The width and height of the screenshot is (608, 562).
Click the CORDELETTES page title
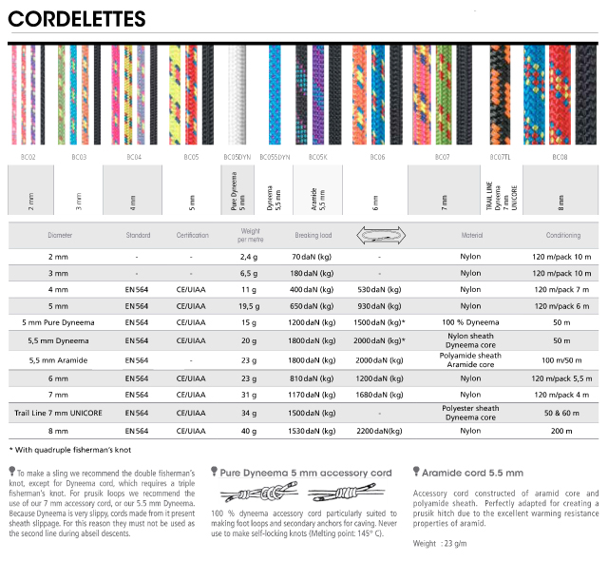point(78,18)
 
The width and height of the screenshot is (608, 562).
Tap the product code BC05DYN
point(237,156)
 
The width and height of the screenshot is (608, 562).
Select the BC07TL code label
point(500,156)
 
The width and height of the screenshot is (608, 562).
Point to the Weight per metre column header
point(249,234)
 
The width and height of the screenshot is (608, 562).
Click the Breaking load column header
point(313,234)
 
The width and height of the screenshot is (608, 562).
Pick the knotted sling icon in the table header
point(379,233)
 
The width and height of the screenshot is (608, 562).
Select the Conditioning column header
point(562,234)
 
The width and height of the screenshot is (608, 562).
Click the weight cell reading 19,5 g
point(249,305)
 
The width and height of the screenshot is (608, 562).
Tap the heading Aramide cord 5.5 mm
point(473,472)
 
